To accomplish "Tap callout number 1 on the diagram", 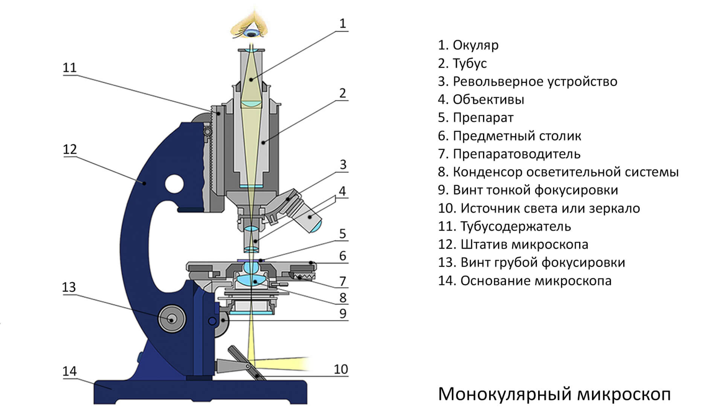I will [342, 24].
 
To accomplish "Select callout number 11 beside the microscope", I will [70, 68].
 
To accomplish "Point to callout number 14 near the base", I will [70, 371].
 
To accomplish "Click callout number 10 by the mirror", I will [341, 369].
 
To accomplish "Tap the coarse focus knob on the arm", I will [172, 319].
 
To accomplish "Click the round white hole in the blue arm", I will [174, 184].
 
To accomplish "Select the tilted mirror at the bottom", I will [247, 363].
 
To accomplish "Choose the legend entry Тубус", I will [462, 63].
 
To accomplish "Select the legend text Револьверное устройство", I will [527, 81].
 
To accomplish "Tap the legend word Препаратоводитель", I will [509, 154].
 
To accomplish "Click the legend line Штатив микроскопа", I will [513, 244].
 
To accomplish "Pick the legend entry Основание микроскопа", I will [525, 281].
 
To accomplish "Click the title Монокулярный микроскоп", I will [554, 394].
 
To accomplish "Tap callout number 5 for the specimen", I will [342, 234].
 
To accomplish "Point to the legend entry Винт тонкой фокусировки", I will [528, 190].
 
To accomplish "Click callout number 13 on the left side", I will [69, 287].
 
